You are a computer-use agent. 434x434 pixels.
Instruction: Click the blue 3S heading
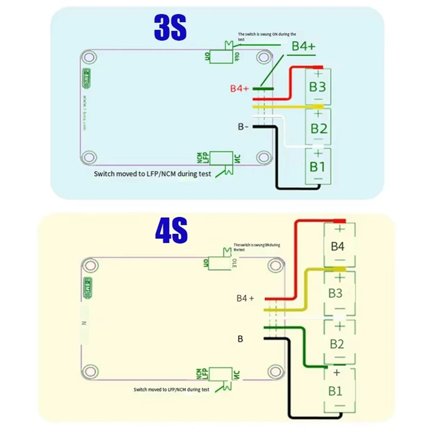coord(170,28)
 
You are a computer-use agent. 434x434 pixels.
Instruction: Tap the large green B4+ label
coord(303,46)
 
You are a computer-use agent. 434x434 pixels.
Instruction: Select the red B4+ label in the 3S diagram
coord(239,88)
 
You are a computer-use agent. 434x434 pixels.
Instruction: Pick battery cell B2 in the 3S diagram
coord(319,128)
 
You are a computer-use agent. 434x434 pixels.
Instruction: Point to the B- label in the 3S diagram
coord(243,127)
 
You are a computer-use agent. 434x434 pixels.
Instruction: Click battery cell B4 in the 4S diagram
coord(338,246)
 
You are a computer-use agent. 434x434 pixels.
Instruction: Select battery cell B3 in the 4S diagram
coord(335,293)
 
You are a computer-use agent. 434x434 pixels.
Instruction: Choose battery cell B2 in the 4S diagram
coord(337,344)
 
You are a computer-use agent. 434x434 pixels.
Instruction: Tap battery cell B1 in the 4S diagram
coord(335,391)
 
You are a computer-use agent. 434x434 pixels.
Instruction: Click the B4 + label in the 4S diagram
coord(245,298)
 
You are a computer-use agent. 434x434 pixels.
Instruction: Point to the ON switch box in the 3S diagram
coord(221,56)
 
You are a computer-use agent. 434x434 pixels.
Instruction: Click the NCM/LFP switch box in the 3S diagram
coord(221,158)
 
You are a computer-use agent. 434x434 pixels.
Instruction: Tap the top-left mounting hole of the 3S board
coord(89,57)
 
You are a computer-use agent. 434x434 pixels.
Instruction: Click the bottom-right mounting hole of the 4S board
coord(275,371)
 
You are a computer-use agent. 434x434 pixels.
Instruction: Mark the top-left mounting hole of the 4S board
coord(90,265)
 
